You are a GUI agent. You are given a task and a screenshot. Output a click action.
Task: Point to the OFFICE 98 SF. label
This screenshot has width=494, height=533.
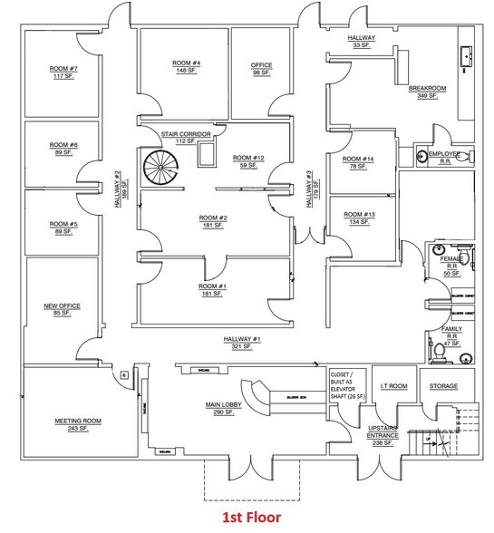[261, 69]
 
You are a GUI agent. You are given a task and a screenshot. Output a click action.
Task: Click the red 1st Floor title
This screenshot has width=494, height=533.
[247, 518]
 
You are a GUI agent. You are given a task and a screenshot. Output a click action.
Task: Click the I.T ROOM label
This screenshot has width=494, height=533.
[392, 385]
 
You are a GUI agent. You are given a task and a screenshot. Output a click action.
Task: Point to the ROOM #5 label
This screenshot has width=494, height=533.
[63, 224]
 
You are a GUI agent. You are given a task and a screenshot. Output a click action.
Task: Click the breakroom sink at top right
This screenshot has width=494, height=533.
[469, 56]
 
